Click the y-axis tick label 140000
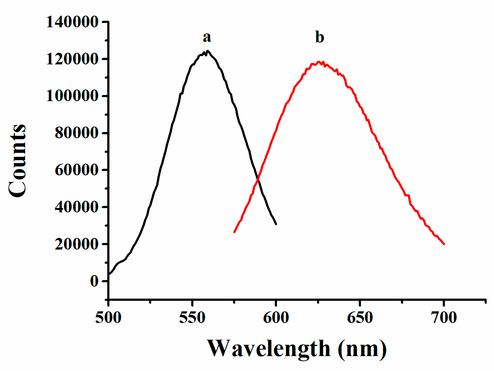point(72,22)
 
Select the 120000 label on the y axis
point(72,59)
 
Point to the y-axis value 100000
point(72,96)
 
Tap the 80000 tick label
point(77,133)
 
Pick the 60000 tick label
point(77,170)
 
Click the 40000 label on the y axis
point(77,207)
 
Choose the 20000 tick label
point(77,244)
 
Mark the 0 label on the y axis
point(95,281)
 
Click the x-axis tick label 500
point(108,318)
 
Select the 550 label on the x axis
point(192,318)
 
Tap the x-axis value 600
point(276,318)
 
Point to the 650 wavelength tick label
point(360,318)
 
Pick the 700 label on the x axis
point(443,318)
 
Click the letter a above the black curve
point(206,37)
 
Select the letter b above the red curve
point(320,37)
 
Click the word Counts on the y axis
point(17,161)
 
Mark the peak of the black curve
point(207,51)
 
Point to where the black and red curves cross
point(258,179)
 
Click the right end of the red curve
point(444,244)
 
